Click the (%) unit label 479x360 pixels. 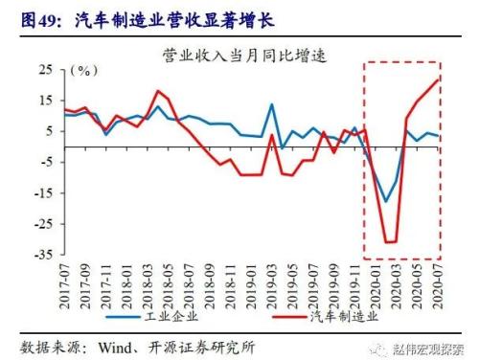(x=87, y=71)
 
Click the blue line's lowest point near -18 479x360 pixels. (x=386, y=202)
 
